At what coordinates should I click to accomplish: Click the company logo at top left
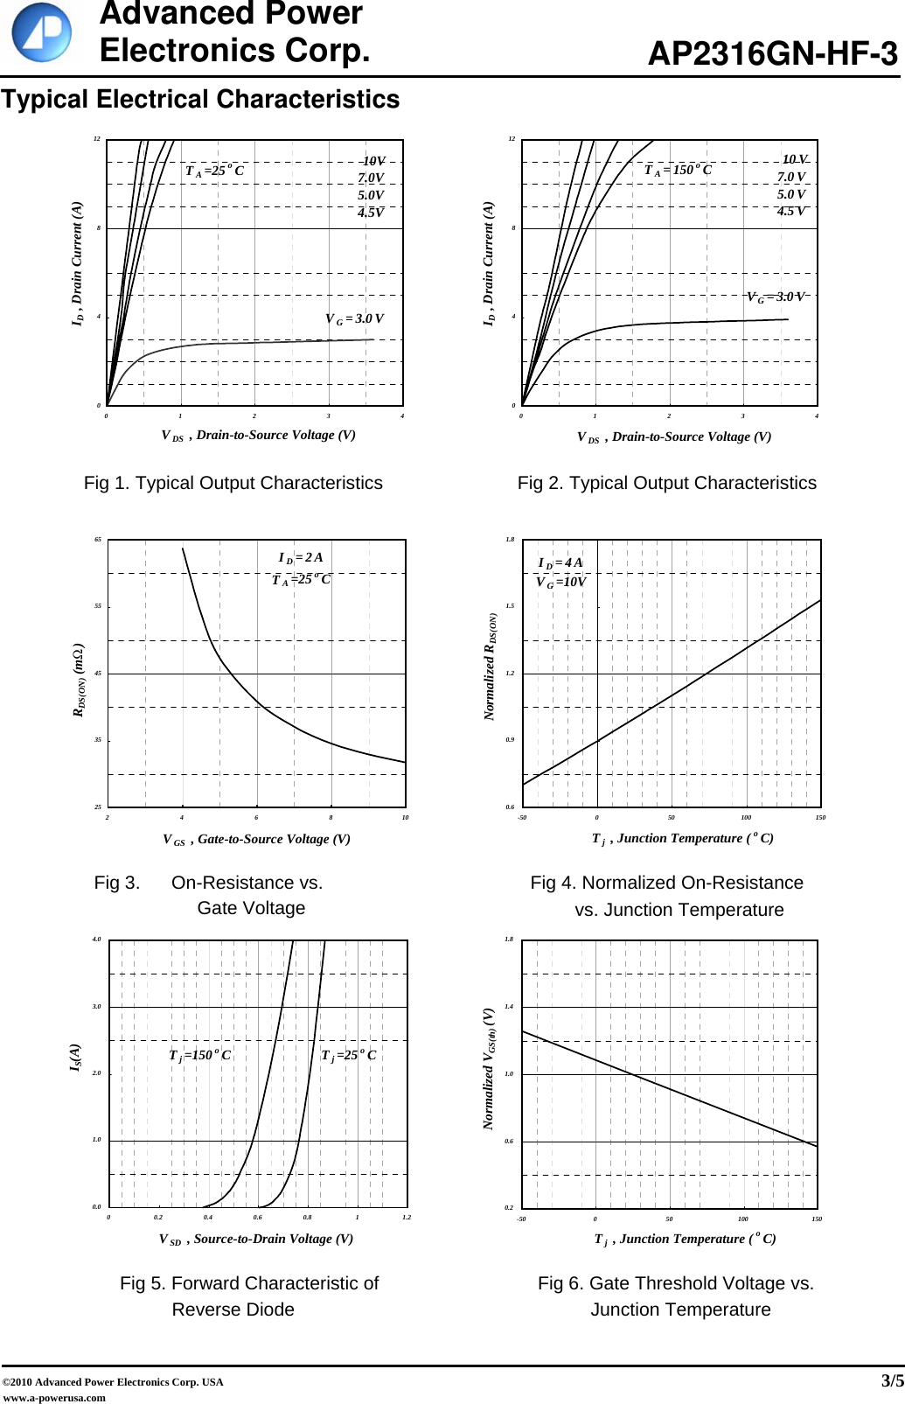point(41,32)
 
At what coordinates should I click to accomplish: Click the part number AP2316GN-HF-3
point(772,54)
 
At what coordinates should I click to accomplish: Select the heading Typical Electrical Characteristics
point(200,100)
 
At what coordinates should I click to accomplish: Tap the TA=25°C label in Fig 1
point(214,171)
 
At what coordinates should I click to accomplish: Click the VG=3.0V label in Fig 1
point(354,319)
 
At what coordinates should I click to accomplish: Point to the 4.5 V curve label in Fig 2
point(791,211)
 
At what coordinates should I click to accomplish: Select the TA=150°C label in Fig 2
point(678,170)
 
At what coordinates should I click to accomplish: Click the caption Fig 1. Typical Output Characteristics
point(233,483)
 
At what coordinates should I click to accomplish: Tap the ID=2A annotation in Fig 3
point(301,557)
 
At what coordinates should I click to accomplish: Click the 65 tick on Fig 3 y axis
point(98,540)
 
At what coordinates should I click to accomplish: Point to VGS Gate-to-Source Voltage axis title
point(256,839)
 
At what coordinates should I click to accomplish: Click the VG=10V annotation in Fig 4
point(560,582)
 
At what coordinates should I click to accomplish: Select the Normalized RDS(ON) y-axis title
point(491,667)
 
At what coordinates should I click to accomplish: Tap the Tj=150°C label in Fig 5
point(200,1055)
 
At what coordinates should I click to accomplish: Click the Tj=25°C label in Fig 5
point(348,1055)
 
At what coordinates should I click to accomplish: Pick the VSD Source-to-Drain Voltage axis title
point(256,1239)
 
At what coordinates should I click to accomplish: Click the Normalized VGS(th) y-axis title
point(490,1068)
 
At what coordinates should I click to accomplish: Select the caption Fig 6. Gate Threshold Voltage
point(676,1283)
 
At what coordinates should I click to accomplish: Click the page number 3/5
point(891,1381)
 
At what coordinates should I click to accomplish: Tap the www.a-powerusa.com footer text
point(54,1397)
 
